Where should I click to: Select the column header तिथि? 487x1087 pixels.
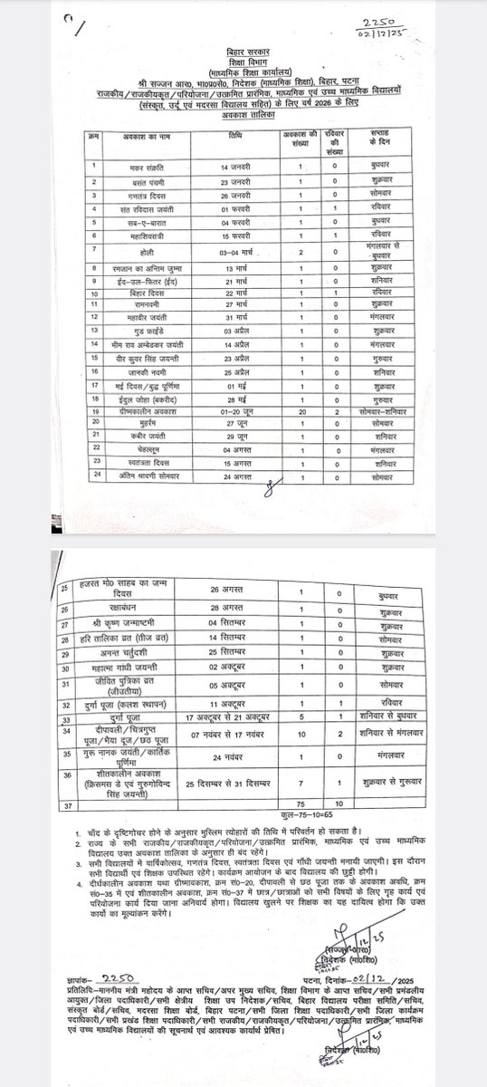coord(234,134)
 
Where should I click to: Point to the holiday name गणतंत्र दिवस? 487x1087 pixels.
coord(145,194)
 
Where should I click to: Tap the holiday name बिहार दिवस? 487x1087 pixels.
coord(145,293)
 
